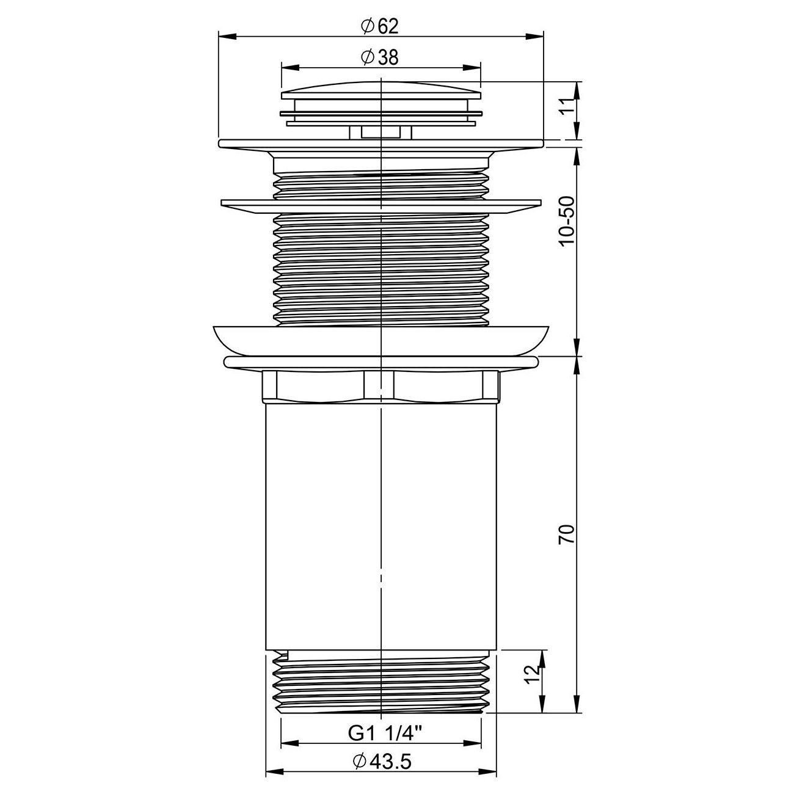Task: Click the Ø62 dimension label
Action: pos(379,26)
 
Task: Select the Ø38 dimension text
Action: pos(379,57)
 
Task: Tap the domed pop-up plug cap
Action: pos(381,90)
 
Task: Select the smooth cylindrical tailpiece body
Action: pos(381,525)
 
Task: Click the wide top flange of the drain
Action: pos(381,144)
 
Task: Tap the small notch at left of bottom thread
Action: pos(282,657)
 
